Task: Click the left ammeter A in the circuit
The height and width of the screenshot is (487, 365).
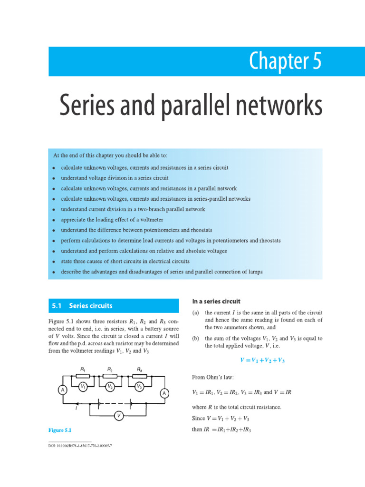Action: pos(62,390)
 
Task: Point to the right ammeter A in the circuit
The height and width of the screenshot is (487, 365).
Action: pos(163,393)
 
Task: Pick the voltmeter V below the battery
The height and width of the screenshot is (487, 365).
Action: pos(119,416)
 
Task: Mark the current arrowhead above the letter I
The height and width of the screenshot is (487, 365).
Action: pos(64,402)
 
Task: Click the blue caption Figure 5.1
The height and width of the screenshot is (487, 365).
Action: pos(59,430)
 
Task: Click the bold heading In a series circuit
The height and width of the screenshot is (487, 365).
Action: pos(216,301)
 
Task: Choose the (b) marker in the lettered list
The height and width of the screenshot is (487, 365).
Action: pos(195,339)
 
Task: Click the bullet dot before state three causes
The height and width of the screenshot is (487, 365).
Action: pos(55,262)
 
